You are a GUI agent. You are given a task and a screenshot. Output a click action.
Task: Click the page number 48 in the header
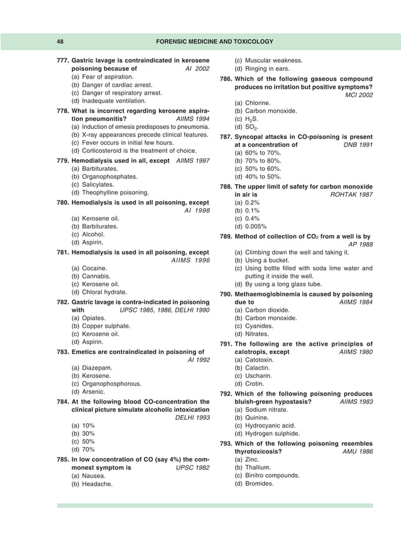point(60,41)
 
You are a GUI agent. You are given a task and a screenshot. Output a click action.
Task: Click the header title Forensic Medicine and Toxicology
point(214,41)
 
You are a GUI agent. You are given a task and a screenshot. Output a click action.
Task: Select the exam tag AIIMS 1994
point(190,118)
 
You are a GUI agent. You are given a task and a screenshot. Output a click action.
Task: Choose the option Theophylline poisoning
point(110,192)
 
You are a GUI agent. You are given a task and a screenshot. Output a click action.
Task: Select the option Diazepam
point(98,367)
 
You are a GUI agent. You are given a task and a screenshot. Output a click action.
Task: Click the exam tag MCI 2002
point(359,94)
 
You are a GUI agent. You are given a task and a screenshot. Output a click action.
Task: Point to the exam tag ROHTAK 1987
point(351,195)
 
